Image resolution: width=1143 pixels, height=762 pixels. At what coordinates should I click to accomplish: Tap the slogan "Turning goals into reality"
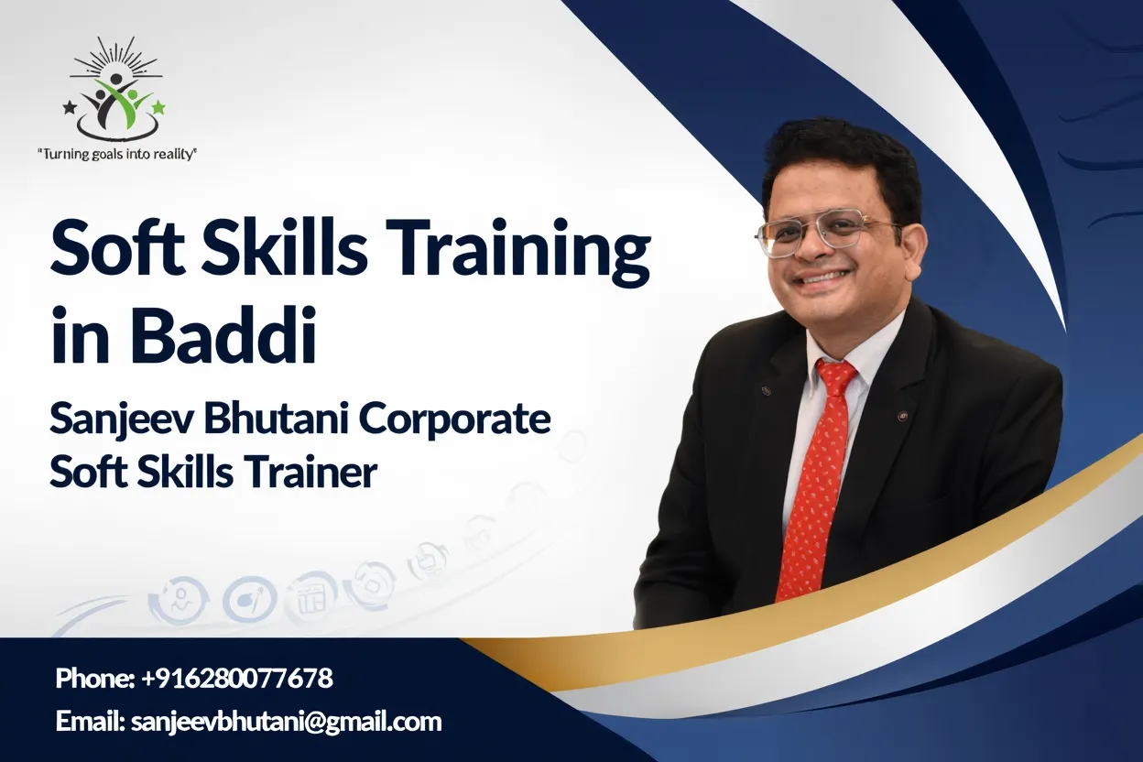[116, 155]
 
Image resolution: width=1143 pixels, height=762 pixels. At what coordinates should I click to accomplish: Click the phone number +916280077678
[237, 679]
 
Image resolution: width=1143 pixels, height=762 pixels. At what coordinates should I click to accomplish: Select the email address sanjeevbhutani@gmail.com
[287, 722]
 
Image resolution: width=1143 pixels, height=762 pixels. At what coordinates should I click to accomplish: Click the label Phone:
[95, 679]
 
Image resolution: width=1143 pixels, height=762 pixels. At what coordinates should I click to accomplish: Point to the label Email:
[90, 722]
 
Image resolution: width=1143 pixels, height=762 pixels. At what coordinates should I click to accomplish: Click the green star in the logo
[158, 108]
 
